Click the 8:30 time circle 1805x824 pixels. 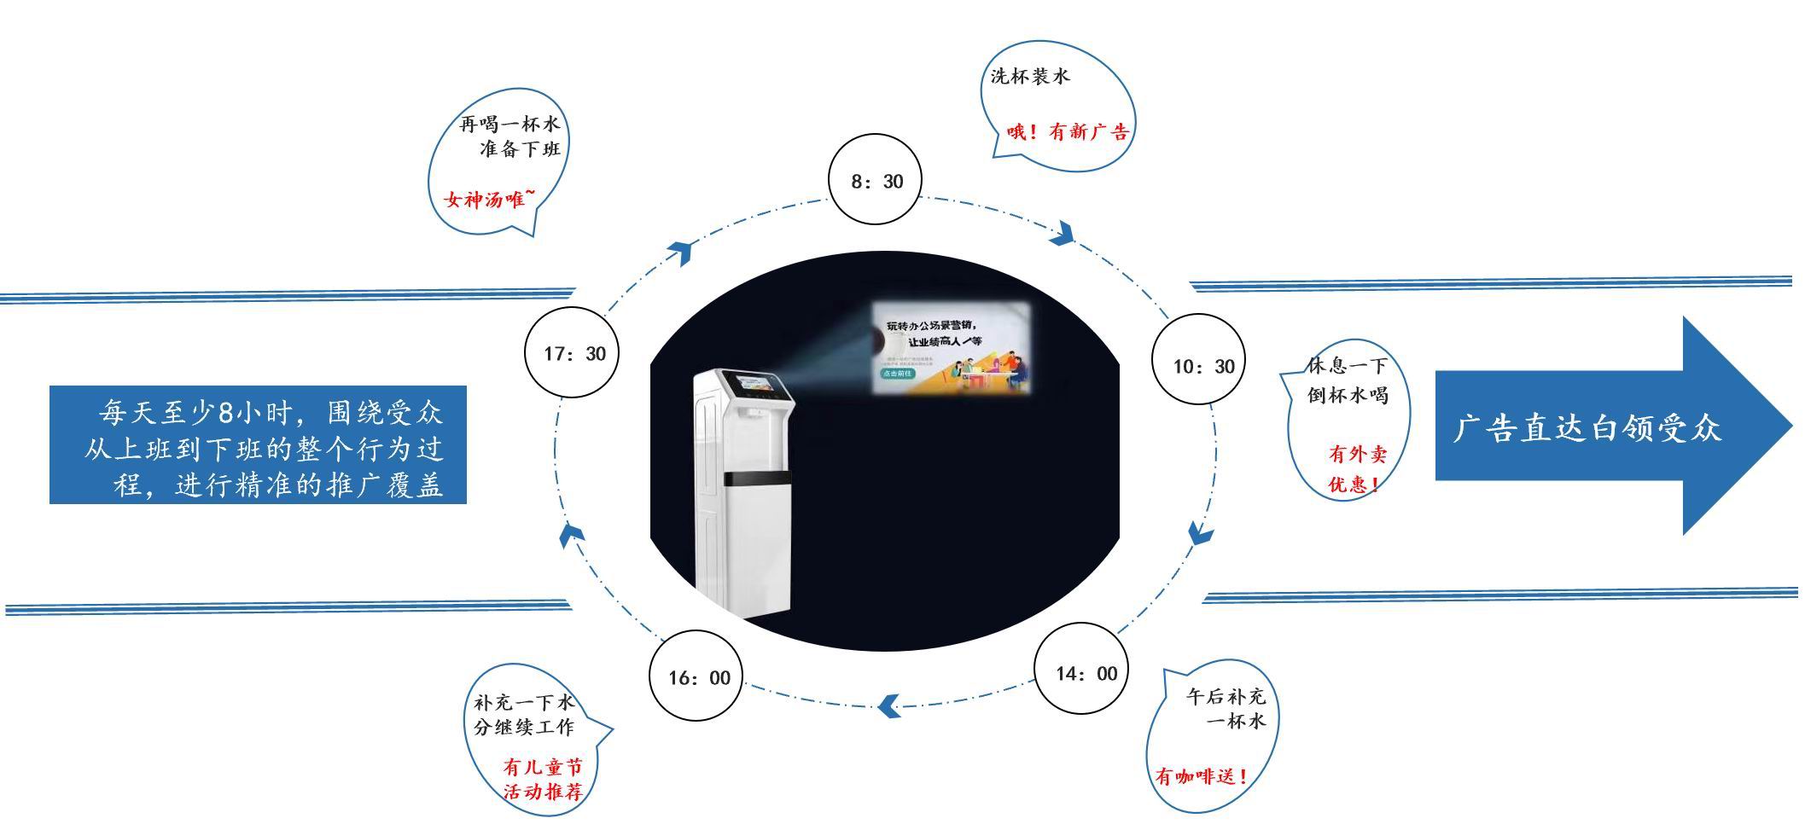point(876,180)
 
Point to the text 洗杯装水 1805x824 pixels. point(1029,76)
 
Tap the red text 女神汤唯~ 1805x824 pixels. point(490,200)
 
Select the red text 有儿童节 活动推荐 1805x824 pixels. point(544,779)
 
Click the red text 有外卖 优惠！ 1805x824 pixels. point(1356,469)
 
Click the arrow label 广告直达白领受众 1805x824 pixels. point(1587,427)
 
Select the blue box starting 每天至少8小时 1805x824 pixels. point(258,445)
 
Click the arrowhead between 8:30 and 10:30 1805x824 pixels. point(1063,232)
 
